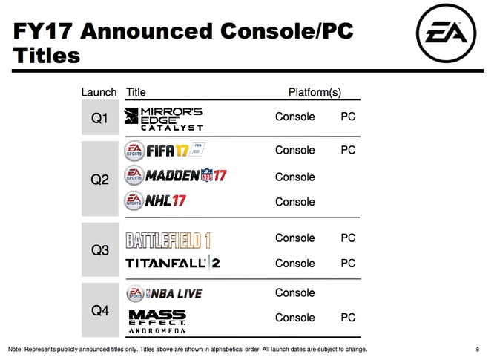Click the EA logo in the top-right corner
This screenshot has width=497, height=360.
click(x=446, y=33)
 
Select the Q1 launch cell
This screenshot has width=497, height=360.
click(x=100, y=117)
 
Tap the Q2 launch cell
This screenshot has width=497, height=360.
click(x=100, y=179)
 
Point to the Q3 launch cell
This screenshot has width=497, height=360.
click(x=100, y=249)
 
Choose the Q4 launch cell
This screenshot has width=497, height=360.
click(x=100, y=310)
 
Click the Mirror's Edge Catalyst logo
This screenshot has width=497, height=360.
click(x=163, y=119)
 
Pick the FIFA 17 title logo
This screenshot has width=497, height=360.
click(x=165, y=150)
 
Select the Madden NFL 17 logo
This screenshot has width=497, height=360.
click(x=175, y=175)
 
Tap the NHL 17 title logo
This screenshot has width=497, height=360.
click(x=155, y=200)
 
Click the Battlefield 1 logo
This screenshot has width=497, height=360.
click(x=168, y=240)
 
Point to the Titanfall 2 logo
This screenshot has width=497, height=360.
click(x=173, y=264)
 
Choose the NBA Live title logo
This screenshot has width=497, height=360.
click(x=164, y=293)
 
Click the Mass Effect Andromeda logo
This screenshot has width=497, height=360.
click(x=157, y=321)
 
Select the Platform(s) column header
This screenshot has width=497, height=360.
click(x=315, y=92)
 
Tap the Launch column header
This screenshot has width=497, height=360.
click(x=99, y=92)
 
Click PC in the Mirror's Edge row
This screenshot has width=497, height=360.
click(x=348, y=117)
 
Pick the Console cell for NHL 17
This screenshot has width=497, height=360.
click(x=294, y=202)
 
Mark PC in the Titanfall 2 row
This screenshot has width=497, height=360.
click(x=348, y=264)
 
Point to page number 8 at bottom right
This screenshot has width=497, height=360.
click(x=478, y=350)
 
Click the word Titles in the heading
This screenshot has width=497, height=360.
click(x=46, y=55)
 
